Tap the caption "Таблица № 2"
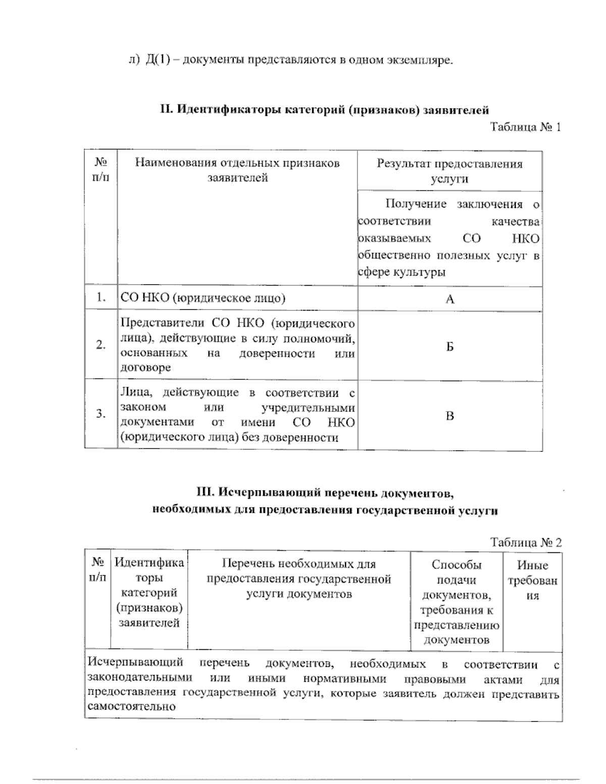click(526, 542)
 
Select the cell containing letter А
click(449, 299)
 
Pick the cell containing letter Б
click(449, 346)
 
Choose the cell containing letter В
click(449, 416)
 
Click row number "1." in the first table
click(100, 298)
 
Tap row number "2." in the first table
click(100, 345)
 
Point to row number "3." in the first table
click(100, 414)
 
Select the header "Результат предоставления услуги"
click(449, 171)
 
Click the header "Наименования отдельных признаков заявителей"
click(237, 170)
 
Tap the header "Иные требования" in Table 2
click(532, 581)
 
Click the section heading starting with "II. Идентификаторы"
click(324, 110)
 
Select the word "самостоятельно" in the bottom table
click(131, 706)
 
